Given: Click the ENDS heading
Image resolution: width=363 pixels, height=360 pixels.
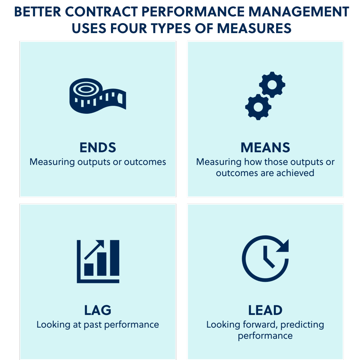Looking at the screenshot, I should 98,148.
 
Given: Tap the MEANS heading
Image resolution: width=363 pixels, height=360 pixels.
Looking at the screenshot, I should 265,148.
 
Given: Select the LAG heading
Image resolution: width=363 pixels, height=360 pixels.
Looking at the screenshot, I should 98,310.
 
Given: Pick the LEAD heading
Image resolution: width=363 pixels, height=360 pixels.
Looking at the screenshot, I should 265,310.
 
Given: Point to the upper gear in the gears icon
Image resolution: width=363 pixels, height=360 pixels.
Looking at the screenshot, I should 273,85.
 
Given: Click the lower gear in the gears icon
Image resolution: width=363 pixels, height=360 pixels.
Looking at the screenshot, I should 258,107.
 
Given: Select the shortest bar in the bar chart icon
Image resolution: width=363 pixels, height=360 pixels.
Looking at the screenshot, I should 89,269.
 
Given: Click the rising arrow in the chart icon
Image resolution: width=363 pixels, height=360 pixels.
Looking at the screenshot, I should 95,249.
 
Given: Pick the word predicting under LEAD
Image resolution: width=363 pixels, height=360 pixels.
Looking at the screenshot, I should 302,324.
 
